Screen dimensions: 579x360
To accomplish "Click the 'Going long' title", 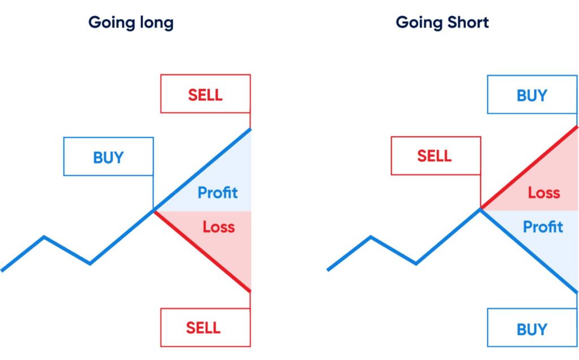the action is [131, 23].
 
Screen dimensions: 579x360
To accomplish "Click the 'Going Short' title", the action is [442, 23].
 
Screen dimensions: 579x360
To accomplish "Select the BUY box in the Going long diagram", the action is [109, 157].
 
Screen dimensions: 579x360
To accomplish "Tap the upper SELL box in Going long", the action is [205, 94].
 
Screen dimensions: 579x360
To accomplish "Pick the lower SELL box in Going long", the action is [205, 328].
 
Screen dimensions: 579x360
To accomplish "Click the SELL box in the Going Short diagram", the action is [436, 155].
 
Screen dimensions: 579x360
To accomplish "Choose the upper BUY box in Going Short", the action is [532, 94].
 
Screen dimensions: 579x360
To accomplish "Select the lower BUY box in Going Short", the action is [532, 328].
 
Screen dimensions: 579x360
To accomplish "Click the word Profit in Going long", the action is [218, 192].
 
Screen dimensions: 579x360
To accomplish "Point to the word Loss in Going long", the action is [219, 227].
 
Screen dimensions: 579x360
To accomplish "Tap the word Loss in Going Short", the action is [543, 193].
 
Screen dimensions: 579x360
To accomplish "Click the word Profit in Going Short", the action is [543, 227].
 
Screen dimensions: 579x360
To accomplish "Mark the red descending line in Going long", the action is [202, 251].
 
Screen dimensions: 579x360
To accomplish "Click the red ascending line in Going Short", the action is [529, 168].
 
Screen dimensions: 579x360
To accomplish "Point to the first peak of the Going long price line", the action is [44, 237].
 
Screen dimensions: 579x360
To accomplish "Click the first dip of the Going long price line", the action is [90, 263].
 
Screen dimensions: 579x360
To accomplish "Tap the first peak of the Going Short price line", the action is [371, 237].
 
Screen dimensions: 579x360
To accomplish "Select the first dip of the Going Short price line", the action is [416, 263].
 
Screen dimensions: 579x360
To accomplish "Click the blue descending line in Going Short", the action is [529, 251].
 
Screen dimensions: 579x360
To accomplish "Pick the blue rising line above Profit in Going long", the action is [202, 169].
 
